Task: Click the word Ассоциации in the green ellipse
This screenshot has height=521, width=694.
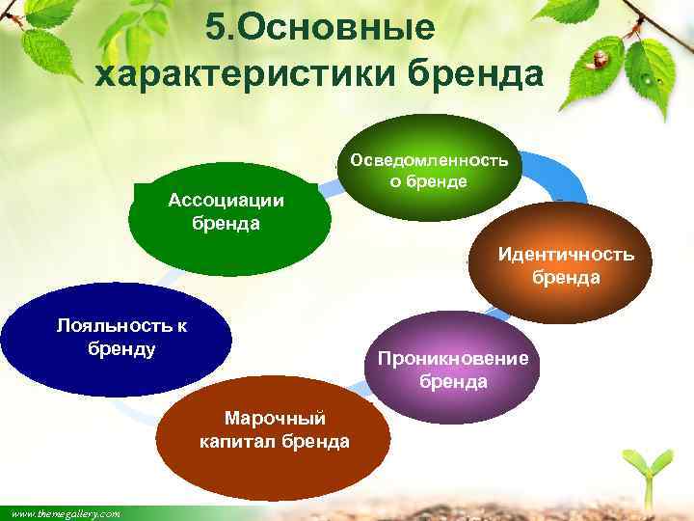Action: [226, 201]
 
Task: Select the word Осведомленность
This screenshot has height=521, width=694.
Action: [434, 159]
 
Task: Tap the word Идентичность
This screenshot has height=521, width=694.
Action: [566, 255]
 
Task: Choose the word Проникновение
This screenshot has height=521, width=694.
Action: [453, 359]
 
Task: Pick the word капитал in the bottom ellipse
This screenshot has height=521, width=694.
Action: [240, 442]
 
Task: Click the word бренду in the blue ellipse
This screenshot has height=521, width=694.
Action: [121, 347]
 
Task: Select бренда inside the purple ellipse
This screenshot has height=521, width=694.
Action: [453, 382]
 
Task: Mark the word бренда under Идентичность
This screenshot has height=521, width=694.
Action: [566, 278]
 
